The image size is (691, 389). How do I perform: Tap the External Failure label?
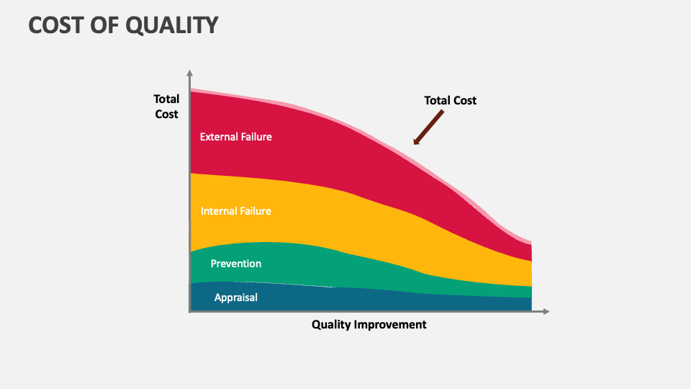pyautogui.click(x=235, y=136)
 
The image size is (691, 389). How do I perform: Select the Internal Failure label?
pyautogui.click(x=235, y=211)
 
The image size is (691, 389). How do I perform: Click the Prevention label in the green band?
pyautogui.click(x=235, y=264)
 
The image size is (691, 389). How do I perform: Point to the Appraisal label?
pyautogui.click(x=235, y=297)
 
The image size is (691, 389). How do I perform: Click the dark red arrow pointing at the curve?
pyautogui.click(x=428, y=128)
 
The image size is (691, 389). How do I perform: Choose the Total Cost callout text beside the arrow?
pyautogui.click(x=450, y=101)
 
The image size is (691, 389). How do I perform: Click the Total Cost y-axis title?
pyautogui.click(x=166, y=106)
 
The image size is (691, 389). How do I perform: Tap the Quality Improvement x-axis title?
pyautogui.click(x=369, y=324)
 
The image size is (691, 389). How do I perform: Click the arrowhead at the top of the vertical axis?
pyautogui.click(x=190, y=73)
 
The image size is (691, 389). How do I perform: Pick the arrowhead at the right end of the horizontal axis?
pyautogui.click(x=546, y=311)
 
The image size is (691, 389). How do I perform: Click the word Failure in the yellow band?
pyautogui.click(x=255, y=211)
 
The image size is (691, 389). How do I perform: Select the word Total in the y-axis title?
pyautogui.click(x=166, y=99)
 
